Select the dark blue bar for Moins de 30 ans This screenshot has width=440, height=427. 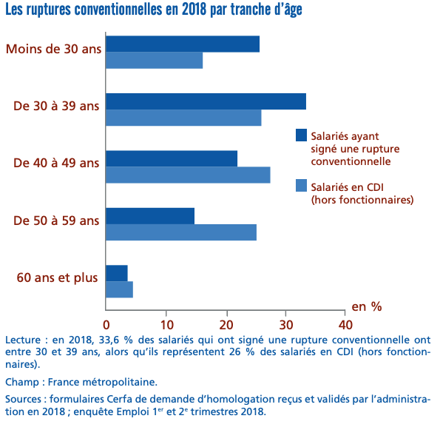(183, 44)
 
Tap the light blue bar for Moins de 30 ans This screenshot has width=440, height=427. (155, 61)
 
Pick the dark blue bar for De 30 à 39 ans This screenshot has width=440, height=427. (206, 101)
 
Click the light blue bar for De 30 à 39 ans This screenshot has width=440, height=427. (183, 118)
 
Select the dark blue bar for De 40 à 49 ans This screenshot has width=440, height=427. (172, 158)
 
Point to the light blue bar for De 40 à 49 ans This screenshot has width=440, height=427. (188, 175)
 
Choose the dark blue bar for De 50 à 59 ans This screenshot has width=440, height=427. (150, 215)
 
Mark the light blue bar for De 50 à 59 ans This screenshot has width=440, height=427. (181, 232)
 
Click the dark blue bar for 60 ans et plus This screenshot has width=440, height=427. (117, 272)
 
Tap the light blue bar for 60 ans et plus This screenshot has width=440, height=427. (120, 289)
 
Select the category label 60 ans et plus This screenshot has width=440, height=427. (57, 278)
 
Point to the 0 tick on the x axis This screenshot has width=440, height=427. (106, 323)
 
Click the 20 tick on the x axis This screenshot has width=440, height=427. (226, 323)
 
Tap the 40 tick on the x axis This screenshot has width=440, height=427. (345, 323)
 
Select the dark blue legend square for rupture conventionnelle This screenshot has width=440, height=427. (301, 135)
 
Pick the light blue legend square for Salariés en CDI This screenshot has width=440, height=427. (301, 186)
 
